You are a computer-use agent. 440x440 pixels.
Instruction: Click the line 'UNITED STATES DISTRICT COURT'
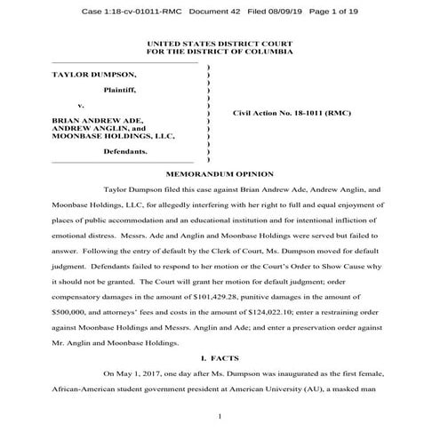[x=219, y=44]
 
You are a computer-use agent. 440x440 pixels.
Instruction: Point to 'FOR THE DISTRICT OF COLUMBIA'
[x=219, y=52]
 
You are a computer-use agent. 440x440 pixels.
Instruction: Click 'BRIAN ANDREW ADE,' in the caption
[x=92, y=119]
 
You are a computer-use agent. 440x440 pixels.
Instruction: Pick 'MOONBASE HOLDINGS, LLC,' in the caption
[x=114, y=136]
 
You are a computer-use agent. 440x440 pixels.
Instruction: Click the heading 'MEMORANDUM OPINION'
[x=220, y=173]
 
